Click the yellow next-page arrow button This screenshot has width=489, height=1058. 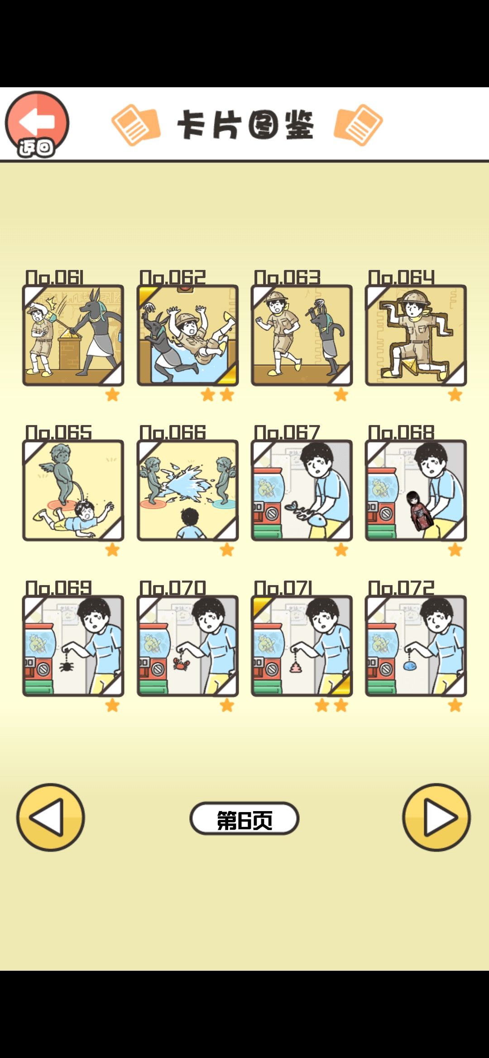(x=436, y=817)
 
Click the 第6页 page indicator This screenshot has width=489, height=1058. (x=244, y=818)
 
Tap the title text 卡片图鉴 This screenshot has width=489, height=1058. (x=245, y=125)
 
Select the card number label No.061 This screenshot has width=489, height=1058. (x=55, y=277)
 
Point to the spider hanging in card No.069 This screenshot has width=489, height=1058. (x=66, y=665)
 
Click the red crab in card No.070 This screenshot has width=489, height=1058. (x=181, y=664)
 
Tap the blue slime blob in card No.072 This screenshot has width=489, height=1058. (x=410, y=665)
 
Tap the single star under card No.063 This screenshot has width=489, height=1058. (x=341, y=395)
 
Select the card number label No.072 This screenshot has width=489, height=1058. (x=401, y=588)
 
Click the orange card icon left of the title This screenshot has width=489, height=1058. (x=135, y=125)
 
